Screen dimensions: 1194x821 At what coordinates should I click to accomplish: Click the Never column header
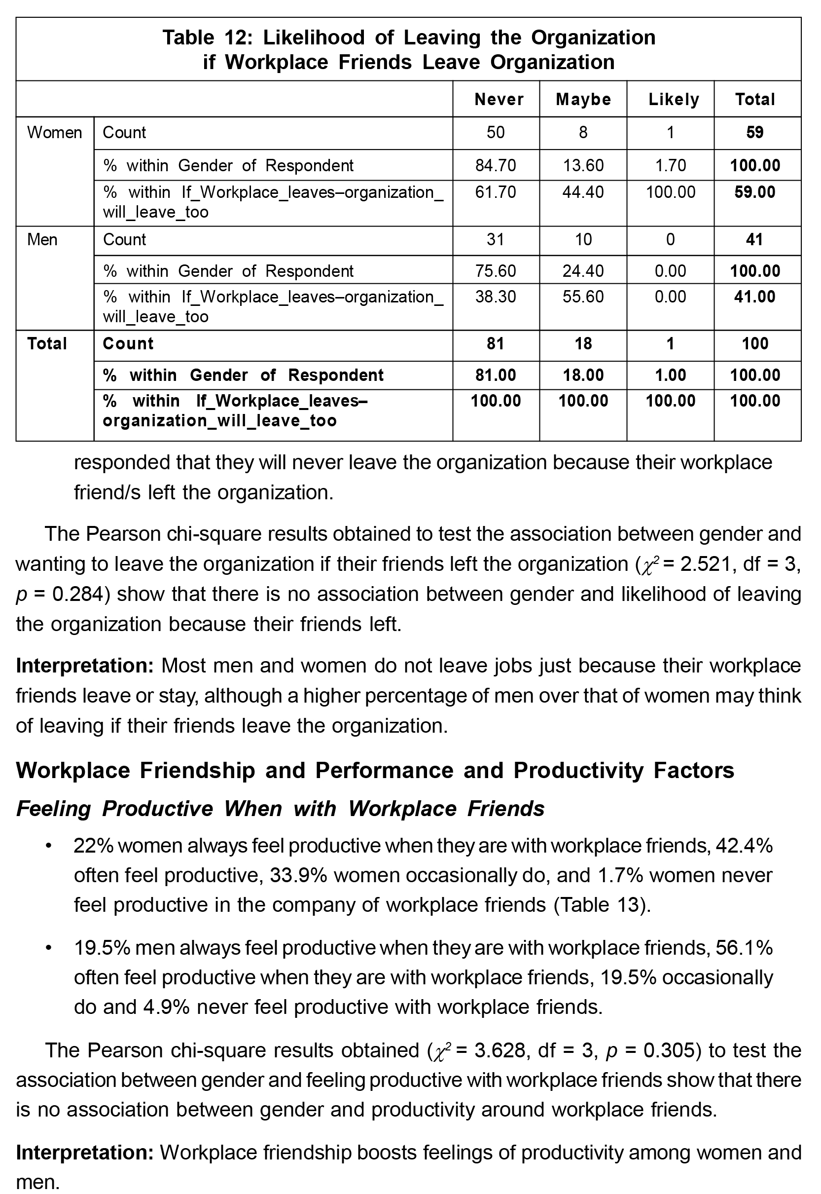point(499,99)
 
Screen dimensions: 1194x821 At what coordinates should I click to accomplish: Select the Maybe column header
point(583,99)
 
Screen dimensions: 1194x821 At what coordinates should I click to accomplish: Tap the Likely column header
point(674,99)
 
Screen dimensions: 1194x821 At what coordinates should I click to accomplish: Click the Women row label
point(55,133)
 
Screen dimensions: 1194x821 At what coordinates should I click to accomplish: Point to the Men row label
point(42,240)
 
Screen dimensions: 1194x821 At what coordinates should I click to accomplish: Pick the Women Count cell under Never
point(496,133)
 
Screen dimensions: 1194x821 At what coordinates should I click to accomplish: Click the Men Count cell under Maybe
point(583,240)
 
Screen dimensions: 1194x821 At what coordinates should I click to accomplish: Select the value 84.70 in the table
point(496,166)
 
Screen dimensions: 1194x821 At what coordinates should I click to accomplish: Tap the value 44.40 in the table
point(583,192)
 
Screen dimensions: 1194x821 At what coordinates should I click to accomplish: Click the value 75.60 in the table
point(496,271)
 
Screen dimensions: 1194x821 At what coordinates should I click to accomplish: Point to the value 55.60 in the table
point(583,297)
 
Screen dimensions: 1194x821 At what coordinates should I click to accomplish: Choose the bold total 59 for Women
point(754,133)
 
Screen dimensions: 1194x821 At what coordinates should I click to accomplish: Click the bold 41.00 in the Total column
point(754,297)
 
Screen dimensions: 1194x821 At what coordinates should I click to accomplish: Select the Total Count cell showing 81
point(496,344)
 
